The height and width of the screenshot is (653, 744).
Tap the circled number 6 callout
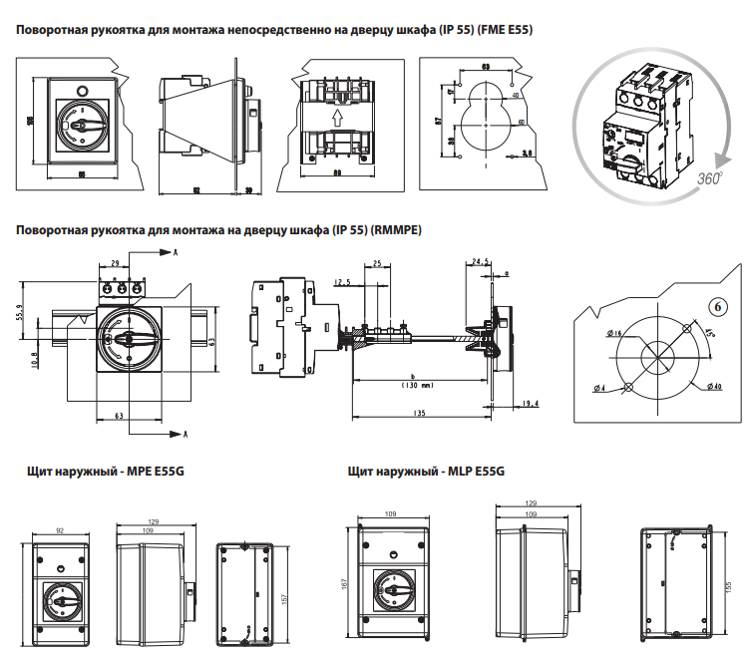click(x=716, y=305)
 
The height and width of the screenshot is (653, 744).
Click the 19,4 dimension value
click(x=531, y=404)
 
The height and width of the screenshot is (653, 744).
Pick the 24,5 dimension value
click(x=480, y=262)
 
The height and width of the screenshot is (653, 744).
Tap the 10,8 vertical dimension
click(x=35, y=360)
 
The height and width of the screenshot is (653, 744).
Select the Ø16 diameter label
click(x=612, y=333)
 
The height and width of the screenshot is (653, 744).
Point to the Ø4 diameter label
click(x=598, y=387)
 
